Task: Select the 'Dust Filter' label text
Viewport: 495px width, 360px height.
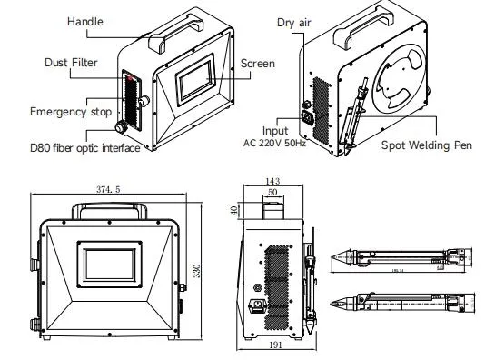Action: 69,63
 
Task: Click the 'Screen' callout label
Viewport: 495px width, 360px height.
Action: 257,64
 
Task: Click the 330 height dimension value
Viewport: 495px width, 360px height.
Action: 195,271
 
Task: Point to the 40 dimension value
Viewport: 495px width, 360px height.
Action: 233,211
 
